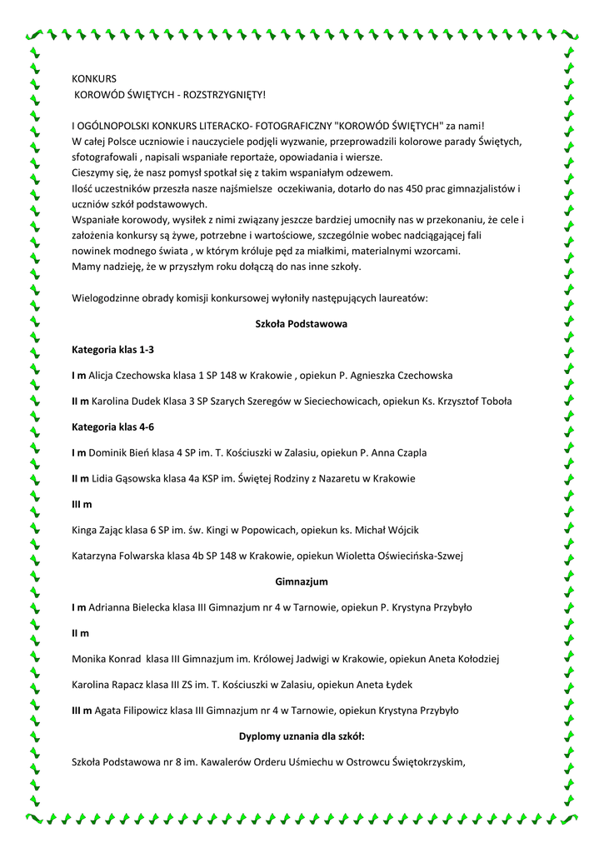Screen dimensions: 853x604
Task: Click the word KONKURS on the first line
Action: click(94, 79)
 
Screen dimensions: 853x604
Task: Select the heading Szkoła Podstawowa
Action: click(301, 323)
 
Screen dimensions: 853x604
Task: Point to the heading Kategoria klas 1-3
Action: click(112, 350)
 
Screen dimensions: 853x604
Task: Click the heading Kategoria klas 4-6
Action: click(112, 426)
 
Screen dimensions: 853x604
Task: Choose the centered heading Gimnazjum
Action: click(301, 581)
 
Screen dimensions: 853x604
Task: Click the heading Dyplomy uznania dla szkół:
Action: click(301, 736)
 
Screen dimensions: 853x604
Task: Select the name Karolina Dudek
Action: click(126, 402)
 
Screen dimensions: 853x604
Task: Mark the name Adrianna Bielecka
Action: click(129, 607)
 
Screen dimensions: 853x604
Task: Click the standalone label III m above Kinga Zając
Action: click(82, 505)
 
